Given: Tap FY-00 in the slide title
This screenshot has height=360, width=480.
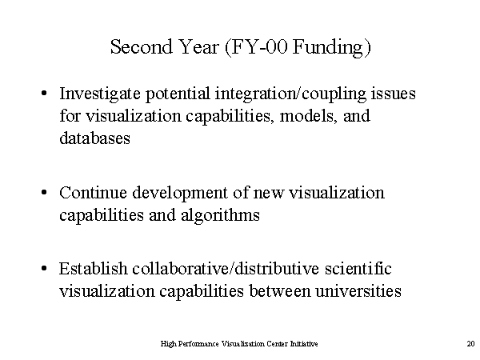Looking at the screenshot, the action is click(258, 47).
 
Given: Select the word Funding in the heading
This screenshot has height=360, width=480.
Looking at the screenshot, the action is click(329, 48).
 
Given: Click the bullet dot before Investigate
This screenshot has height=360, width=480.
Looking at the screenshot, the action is click(44, 93).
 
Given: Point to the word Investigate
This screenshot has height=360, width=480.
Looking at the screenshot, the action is click(100, 94).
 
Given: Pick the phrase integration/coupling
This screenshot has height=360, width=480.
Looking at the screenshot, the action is click(290, 94).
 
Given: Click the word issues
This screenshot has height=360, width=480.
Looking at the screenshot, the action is click(394, 94).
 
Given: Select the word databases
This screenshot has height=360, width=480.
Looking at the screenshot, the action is click(95, 138).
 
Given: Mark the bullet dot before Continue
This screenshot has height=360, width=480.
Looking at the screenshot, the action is click(44, 192).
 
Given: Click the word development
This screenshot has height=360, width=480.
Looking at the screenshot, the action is click(180, 194).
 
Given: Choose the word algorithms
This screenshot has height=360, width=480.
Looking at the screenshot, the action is click(221, 215).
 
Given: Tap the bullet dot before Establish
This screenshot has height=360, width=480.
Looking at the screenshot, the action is click(44, 268).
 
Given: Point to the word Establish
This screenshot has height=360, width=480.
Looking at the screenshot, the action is click(93, 269).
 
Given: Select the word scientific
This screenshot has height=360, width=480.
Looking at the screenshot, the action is click(358, 269).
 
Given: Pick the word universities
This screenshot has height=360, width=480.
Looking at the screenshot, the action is click(358, 291).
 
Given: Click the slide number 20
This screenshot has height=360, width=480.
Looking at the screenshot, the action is click(471, 344).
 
